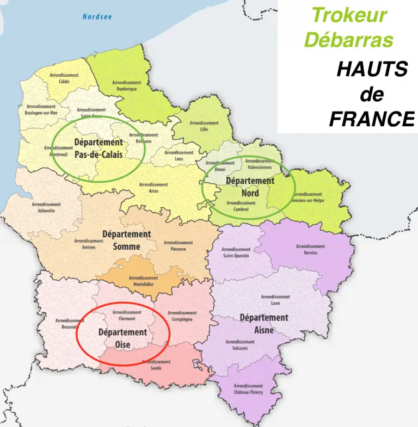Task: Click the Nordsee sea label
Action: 97,17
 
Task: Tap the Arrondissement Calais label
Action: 64,78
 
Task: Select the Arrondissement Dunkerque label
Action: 126,85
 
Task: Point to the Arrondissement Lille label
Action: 204,126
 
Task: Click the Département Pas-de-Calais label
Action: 98,148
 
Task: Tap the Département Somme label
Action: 126,240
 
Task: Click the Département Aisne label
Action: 264,323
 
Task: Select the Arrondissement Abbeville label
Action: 46,207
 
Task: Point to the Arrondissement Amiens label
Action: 89,243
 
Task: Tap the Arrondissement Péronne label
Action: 178,245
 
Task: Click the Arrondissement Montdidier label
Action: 144,281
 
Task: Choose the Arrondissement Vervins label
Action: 310,249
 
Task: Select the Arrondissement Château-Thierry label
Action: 248,389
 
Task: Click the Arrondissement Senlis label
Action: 156,364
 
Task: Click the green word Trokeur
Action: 350,15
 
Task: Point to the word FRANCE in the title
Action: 372,119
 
